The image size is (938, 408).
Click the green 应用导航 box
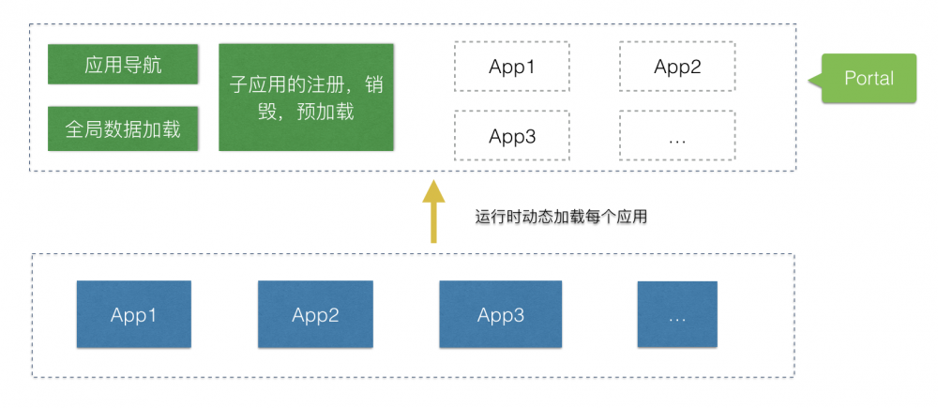pos(123,66)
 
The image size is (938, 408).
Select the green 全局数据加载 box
pos(123,129)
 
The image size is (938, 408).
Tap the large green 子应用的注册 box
pos(306,97)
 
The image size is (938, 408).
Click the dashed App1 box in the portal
pos(511,67)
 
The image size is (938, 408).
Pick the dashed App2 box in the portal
pos(677,67)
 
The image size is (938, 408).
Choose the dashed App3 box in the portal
pos(511,136)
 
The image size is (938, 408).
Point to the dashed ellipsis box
pos(677,136)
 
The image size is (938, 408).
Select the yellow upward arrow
pos(432,214)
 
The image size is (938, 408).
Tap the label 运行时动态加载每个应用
pos(561,217)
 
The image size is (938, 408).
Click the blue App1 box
pos(133,315)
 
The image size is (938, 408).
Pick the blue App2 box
pos(315,315)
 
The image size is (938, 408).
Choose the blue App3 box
pos(501,315)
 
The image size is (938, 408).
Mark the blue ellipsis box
pos(677,315)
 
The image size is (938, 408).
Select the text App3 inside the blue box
pos(501,315)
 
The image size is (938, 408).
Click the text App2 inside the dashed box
pos(677,67)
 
